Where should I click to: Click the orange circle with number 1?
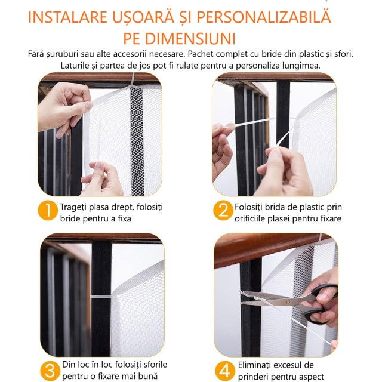pyautogui.click(x=48, y=210)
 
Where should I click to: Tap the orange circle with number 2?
pyautogui.click(x=223, y=210)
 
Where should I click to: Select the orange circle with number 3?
pyautogui.click(x=50, y=371)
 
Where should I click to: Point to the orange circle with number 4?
pyautogui.click(x=225, y=371)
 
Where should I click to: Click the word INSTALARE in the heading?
pyautogui.click(x=67, y=17)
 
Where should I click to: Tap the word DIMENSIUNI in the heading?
pyautogui.click(x=190, y=38)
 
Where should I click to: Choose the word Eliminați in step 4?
pyautogui.click(x=255, y=365)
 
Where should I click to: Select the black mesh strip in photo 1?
pyautogui.click(x=136, y=141)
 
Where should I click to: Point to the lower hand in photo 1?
pyautogui.click(x=102, y=179)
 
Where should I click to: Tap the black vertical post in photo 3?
pyautogui.click(x=101, y=298)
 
